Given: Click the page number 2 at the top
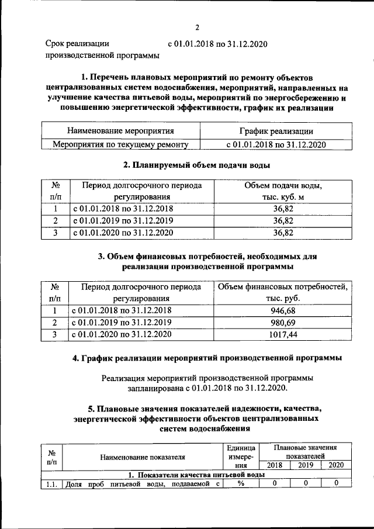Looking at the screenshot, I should pos(198,27).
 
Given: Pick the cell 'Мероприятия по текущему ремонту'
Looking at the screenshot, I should pos(120,144).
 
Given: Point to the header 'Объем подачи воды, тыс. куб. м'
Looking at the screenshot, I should pos(283,191).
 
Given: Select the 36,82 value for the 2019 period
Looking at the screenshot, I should pos(283,220).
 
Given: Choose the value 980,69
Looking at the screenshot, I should pos(283,322).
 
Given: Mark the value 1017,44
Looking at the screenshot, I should pos(283,334).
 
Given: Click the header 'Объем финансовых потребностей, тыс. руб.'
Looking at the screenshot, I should pos(283,292).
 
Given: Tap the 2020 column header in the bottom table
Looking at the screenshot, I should pos(336,465).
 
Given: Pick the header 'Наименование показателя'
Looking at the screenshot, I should pos(143,457).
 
